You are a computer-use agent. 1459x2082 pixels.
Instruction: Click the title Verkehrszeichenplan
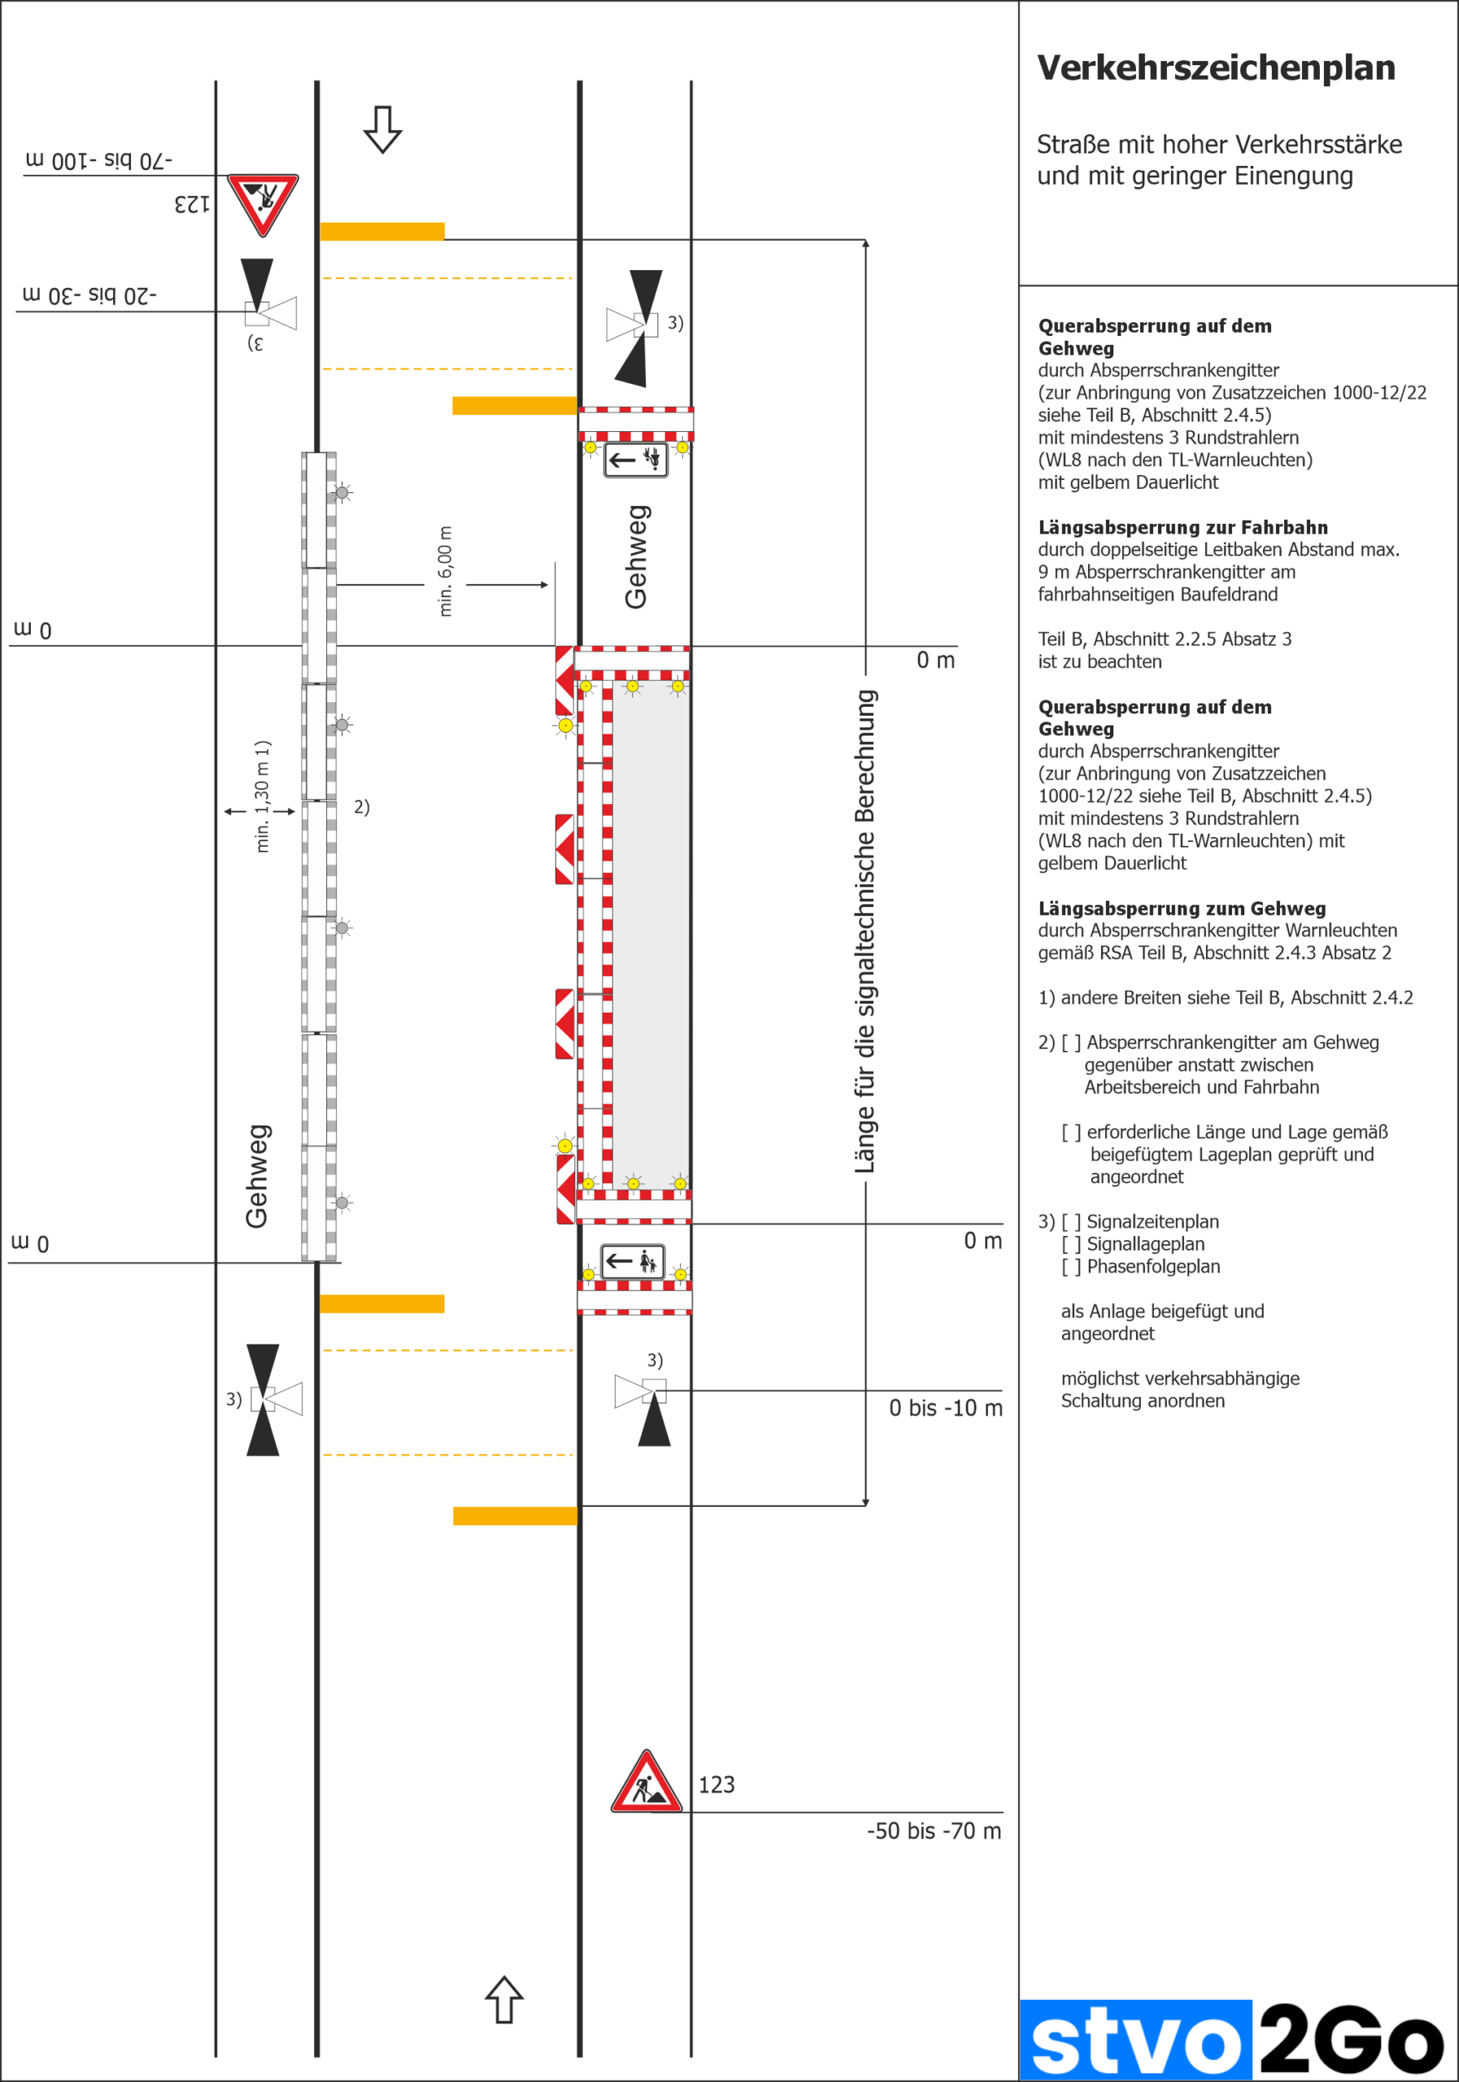click(1215, 68)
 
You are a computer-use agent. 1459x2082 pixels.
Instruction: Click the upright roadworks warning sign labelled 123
click(646, 1783)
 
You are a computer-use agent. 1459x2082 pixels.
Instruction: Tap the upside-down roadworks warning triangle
click(263, 204)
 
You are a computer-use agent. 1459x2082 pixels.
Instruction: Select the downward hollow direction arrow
click(383, 129)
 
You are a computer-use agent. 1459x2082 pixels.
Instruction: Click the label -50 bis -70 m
click(933, 1831)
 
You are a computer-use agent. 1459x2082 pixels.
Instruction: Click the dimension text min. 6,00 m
click(445, 571)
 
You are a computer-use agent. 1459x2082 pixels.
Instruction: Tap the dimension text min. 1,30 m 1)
click(262, 796)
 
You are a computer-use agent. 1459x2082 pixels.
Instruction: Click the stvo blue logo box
click(1135, 2040)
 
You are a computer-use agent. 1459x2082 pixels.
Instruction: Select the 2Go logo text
click(1351, 2040)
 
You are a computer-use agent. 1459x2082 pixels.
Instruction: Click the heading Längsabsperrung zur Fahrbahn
click(1182, 528)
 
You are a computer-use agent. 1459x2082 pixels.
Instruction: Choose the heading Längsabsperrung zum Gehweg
click(1182, 908)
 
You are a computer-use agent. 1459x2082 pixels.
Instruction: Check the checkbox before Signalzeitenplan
click(1071, 1222)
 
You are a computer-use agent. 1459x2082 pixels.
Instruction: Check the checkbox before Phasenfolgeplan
click(1071, 1267)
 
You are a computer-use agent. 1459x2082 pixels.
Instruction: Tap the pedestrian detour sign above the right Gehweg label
click(636, 460)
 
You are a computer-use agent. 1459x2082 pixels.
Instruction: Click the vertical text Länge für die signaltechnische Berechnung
click(865, 932)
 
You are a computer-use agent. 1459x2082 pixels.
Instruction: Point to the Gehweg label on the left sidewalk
click(257, 1176)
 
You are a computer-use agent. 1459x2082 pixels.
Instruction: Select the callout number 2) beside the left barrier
click(362, 807)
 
